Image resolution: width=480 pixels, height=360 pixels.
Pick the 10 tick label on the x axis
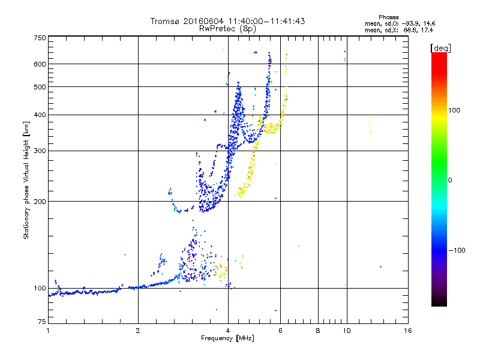click(x=346, y=331)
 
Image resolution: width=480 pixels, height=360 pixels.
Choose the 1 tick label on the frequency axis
click(x=48, y=331)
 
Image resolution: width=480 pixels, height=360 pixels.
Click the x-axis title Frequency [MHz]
click(x=228, y=338)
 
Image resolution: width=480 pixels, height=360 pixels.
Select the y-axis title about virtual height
click(x=26, y=180)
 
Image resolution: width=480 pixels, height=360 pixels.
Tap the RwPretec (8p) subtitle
click(x=228, y=28)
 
